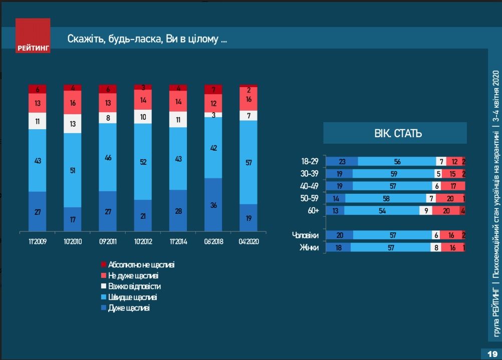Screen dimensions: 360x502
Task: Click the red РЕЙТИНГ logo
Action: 33,36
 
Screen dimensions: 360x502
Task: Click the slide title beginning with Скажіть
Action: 147,40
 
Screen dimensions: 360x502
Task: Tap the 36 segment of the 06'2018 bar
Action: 213,205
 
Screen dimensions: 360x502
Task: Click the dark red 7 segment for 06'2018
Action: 213,90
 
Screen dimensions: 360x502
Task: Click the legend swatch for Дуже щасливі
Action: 104,308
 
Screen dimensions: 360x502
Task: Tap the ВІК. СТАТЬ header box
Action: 395,134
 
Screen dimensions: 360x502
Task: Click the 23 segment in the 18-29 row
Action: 342,161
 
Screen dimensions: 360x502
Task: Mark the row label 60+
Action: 313,211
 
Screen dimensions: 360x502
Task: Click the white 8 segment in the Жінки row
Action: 436,247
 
